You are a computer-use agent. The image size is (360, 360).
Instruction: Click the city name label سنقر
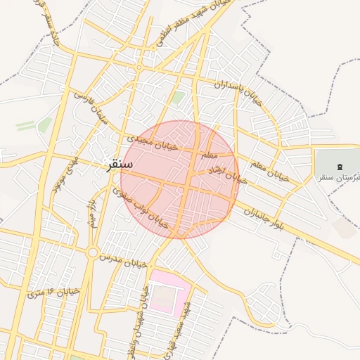pyautogui.click(x=118, y=165)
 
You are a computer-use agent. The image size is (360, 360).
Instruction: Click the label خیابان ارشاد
pyautogui.click(x=227, y=175)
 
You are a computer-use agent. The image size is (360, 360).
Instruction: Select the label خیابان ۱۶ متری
pyautogui.click(x=54, y=291)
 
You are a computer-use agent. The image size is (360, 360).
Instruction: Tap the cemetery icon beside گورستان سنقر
pyautogui.click(x=340, y=167)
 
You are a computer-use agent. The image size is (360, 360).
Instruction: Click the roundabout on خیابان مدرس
pyautogui.click(x=92, y=252)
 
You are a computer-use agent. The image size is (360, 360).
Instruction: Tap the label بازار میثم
pyautogui.click(x=91, y=211)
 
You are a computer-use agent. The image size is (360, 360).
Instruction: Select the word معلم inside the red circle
pyautogui.click(x=210, y=153)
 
